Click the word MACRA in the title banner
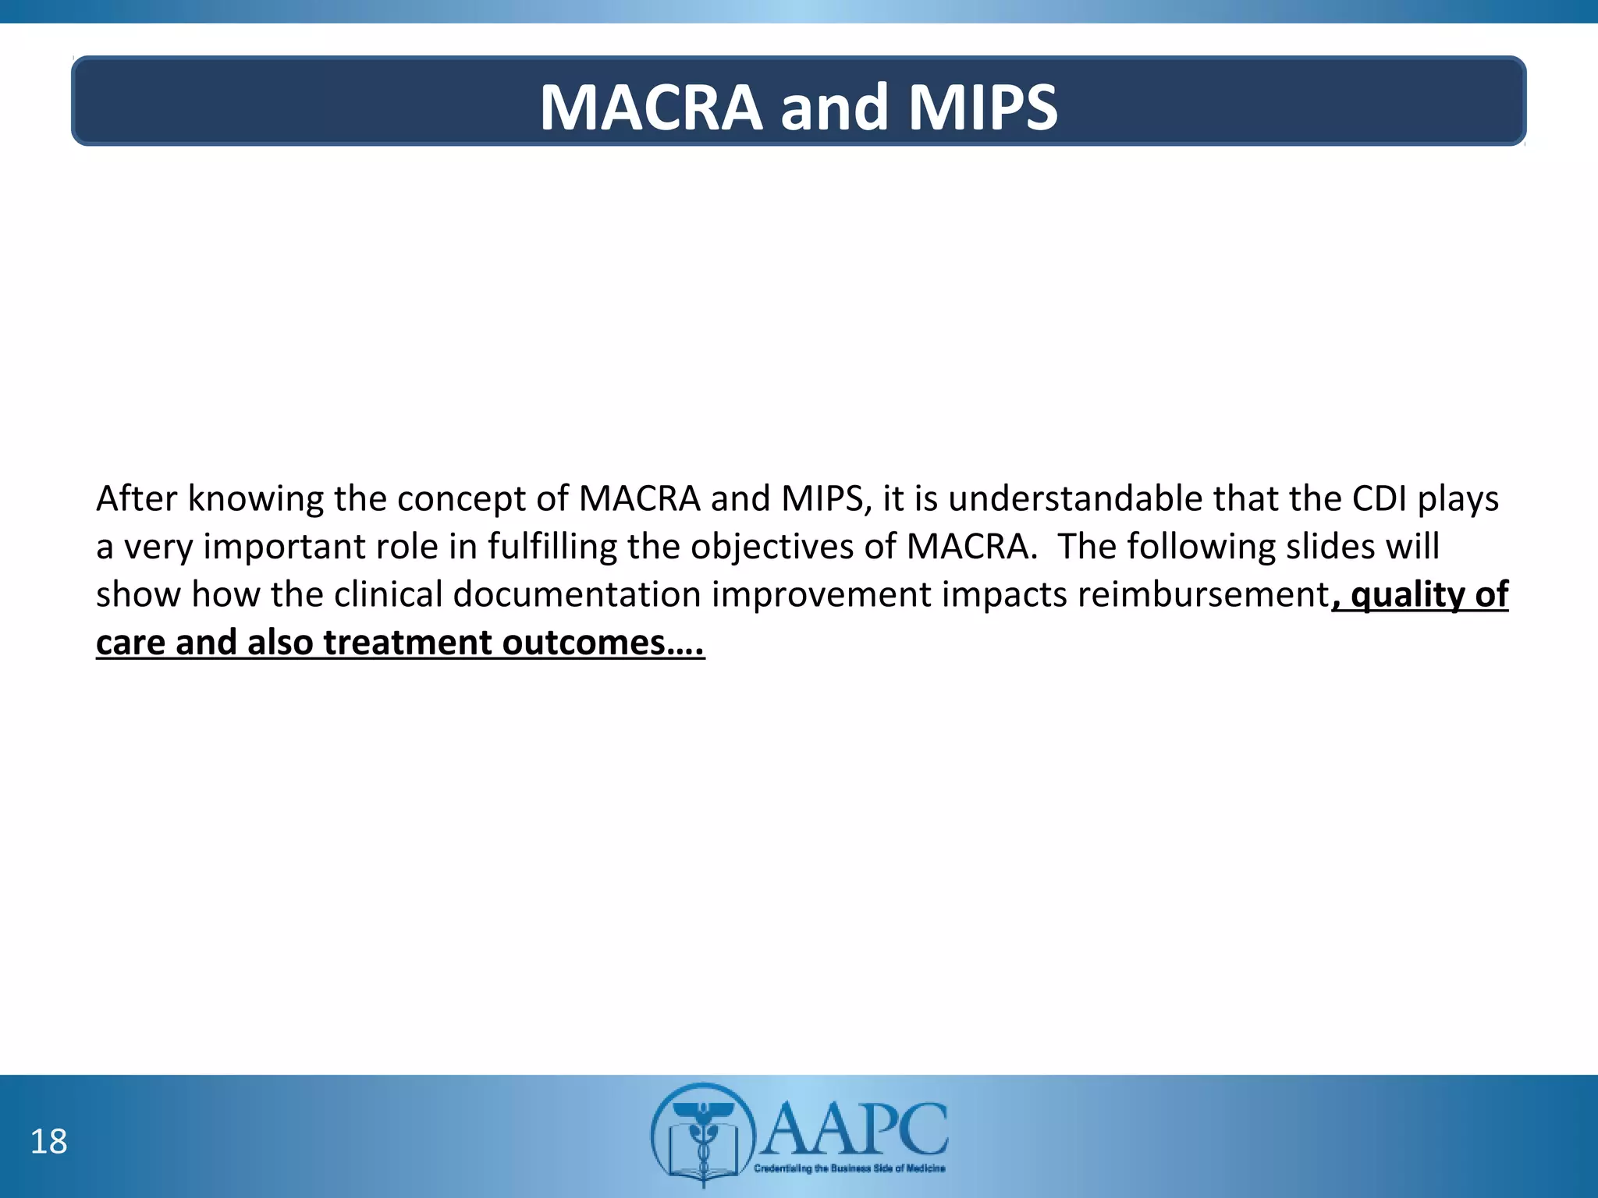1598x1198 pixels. [651, 107]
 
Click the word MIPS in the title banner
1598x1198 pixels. [982, 107]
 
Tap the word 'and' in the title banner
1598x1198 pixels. [834, 107]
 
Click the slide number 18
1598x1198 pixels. [48, 1142]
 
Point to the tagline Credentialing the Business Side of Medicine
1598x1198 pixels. [849, 1168]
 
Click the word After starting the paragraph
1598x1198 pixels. [137, 498]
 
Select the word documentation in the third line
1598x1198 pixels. [577, 594]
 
